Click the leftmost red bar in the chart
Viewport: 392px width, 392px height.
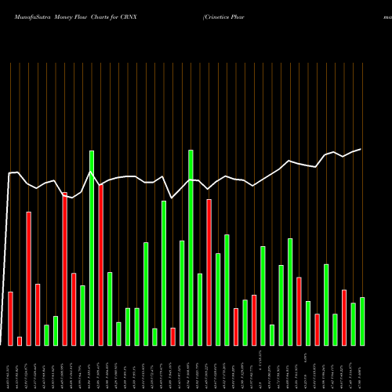tap(11, 318)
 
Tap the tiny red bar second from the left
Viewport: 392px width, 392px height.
tap(20, 341)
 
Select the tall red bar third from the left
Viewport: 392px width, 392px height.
tap(29, 278)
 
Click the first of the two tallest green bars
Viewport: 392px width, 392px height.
tap(92, 248)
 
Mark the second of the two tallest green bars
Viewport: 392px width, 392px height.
tap(191, 247)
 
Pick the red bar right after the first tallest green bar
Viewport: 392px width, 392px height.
tap(101, 264)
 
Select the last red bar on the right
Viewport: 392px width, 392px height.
tap(344, 318)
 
